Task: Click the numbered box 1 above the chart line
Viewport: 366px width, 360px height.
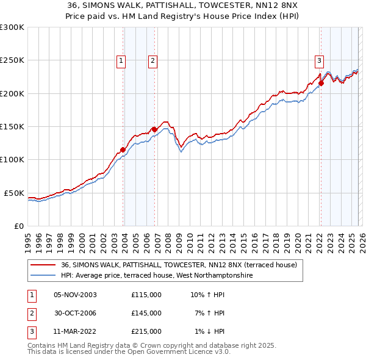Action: coord(121,60)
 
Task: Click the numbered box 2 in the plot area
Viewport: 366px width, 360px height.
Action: coord(152,60)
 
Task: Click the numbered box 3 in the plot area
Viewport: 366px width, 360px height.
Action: coord(319,60)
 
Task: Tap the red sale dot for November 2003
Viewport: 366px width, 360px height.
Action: coord(123,149)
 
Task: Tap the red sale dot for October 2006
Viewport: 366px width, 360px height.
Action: coord(154,129)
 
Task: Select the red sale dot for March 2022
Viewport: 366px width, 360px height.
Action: coord(321,84)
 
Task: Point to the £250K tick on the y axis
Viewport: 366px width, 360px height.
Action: coord(12,60)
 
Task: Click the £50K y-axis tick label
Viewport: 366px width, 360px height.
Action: coord(14,193)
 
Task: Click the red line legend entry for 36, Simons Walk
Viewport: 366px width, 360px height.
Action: coord(179,265)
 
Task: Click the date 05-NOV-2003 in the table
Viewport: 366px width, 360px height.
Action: coord(75,295)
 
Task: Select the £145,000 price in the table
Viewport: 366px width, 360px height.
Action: coord(146,313)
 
